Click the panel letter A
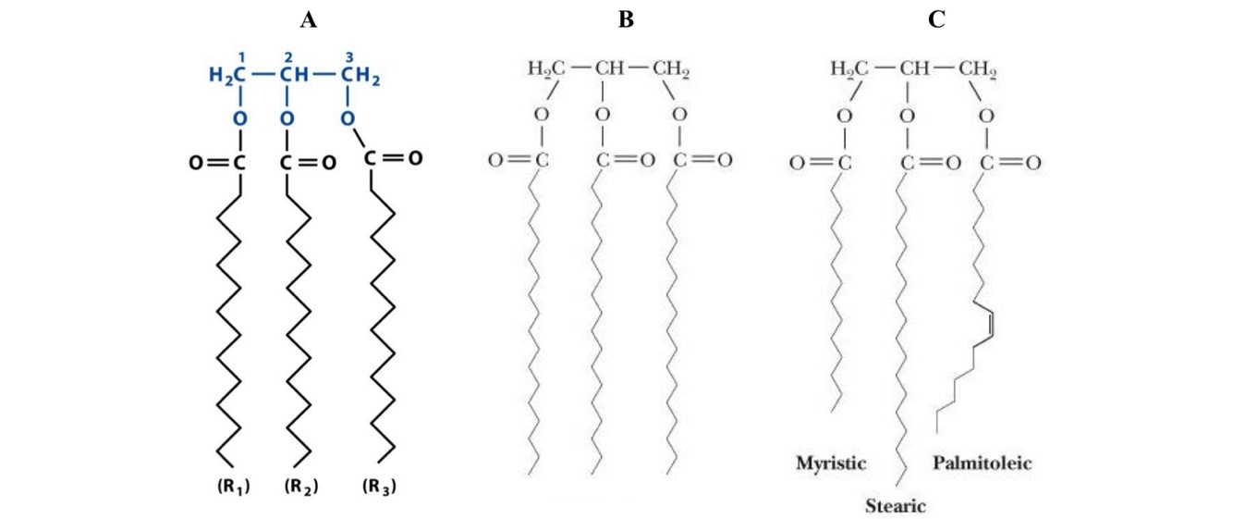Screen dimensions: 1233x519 [308, 20]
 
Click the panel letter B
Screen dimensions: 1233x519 [626, 20]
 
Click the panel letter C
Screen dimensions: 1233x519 [936, 20]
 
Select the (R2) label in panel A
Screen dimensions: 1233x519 [301, 486]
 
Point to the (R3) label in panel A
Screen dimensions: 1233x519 [378, 486]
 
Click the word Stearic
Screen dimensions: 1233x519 [895, 506]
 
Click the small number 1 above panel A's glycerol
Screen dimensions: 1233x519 [241, 57]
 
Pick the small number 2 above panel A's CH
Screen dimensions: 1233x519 [288, 57]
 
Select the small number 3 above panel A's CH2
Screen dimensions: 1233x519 [349, 57]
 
